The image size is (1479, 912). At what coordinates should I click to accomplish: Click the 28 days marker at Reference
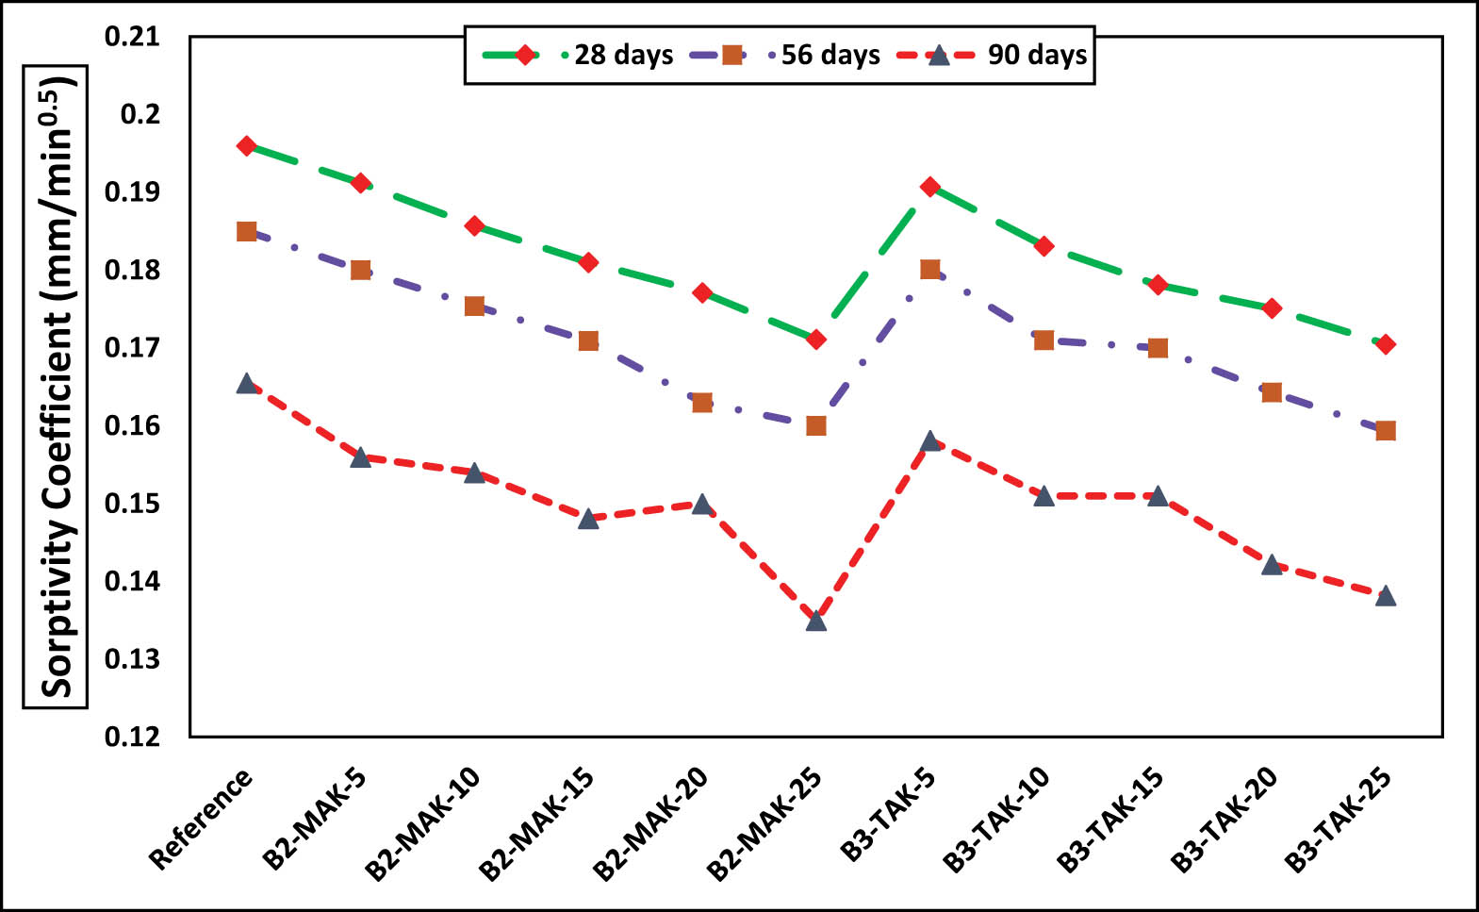click(247, 146)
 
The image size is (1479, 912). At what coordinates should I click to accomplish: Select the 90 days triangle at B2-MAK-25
click(816, 620)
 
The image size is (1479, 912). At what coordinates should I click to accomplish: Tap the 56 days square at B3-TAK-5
click(930, 270)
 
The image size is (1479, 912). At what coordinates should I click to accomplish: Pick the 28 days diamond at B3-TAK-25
click(1385, 344)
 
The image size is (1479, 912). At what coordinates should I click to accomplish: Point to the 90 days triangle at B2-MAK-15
click(588, 518)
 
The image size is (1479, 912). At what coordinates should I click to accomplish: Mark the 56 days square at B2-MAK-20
click(702, 403)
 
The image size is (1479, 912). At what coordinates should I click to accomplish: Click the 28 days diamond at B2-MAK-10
click(474, 226)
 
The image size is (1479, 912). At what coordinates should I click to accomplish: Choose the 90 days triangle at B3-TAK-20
click(1272, 565)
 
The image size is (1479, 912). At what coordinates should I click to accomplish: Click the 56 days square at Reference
click(247, 231)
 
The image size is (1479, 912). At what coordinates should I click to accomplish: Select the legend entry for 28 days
click(623, 55)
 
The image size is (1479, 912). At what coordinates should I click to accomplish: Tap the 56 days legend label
click(830, 55)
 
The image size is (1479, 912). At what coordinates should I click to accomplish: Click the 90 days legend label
click(1037, 55)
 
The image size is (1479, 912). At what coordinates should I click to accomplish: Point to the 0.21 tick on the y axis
click(132, 37)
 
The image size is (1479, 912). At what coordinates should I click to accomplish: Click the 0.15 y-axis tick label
click(132, 504)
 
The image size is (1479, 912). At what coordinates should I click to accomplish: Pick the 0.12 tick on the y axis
click(132, 737)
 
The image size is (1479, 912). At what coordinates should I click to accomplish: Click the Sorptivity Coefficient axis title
click(56, 387)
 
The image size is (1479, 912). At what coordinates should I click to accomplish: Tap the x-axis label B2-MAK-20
click(651, 823)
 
